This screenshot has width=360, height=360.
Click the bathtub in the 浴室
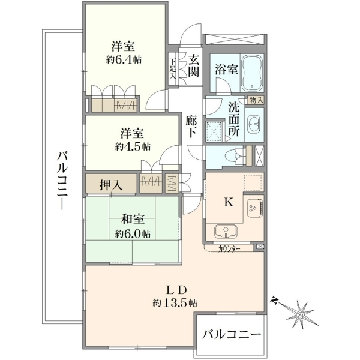252,73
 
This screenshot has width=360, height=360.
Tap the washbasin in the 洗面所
254,124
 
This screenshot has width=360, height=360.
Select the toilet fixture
235,156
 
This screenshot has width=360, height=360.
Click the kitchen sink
226,232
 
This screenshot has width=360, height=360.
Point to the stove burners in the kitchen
254,208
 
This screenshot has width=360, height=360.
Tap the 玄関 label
193,66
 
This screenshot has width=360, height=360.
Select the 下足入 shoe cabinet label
173,69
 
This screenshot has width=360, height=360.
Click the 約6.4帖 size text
124,60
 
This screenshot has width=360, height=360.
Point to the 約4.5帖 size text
133,146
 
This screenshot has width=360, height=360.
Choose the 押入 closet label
111,184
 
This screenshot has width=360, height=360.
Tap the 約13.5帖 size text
175,303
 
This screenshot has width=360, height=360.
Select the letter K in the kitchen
229,202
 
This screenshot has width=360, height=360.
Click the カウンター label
230,248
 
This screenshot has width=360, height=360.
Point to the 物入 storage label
256,100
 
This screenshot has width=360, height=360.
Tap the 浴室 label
226,70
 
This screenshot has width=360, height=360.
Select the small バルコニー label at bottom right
232,335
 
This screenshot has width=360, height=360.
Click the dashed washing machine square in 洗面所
214,131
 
